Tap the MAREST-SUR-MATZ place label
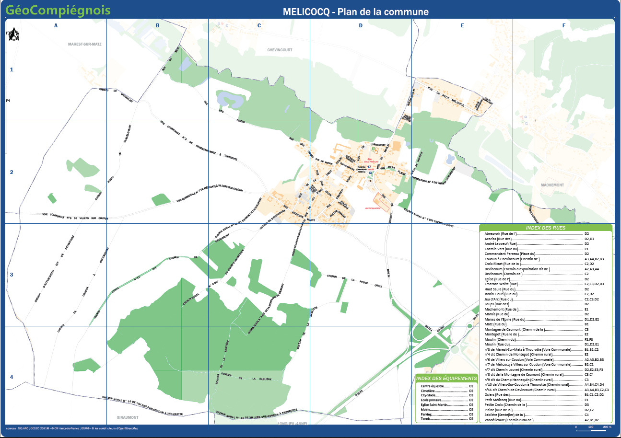[85, 44]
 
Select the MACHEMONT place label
[552, 185]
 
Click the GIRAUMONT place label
[128, 417]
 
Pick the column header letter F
[563, 25]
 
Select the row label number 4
[12, 377]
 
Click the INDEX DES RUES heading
[546, 228]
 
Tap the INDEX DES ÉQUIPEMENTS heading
[446, 379]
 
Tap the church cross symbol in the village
[370, 181]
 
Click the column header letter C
[259, 25]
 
